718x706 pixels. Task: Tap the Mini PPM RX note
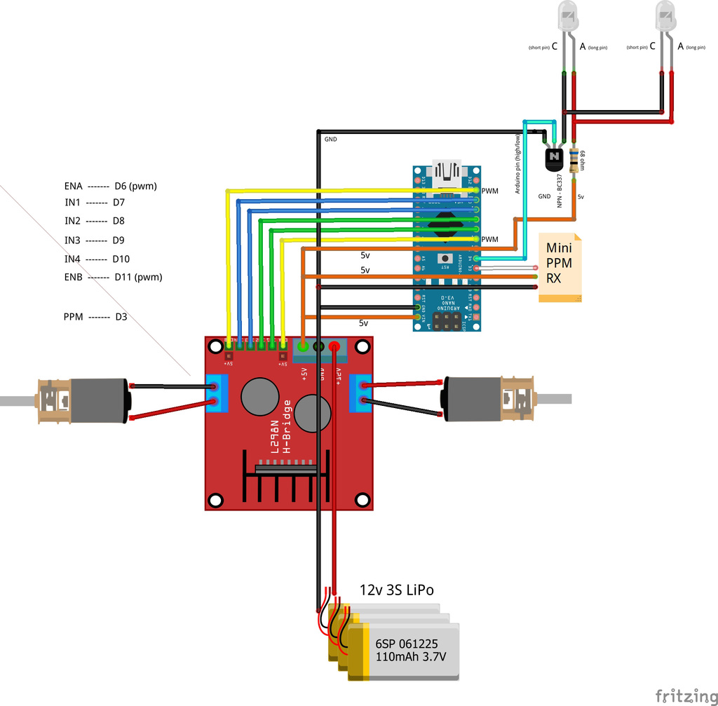click(559, 268)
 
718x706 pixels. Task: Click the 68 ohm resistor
click(576, 161)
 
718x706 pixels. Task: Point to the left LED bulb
click(567, 15)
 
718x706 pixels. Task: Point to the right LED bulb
click(665, 15)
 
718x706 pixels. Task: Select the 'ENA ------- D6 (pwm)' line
click(110, 186)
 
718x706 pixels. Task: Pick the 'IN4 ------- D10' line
click(97, 259)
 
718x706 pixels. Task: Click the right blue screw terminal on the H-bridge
click(365, 392)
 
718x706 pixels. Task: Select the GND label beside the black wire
click(330, 140)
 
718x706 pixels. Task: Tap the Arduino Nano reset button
click(445, 259)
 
